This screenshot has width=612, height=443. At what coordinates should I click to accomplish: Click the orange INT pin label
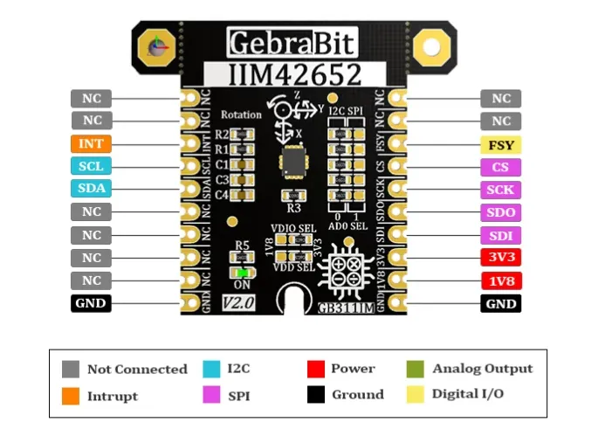tap(92, 143)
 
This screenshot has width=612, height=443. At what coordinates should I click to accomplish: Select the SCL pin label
tap(92, 166)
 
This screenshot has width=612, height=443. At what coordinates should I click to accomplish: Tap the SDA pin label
tap(92, 189)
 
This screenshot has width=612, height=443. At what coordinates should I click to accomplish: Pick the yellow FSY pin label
tap(500, 144)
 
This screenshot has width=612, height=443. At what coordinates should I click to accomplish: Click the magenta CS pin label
tap(500, 167)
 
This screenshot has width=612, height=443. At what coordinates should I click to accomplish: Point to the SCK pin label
tap(500, 190)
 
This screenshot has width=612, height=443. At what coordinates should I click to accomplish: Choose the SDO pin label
tap(500, 212)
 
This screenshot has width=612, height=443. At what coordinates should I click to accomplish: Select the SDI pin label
tap(500, 235)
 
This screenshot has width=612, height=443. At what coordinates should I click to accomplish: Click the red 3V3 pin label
tap(500, 258)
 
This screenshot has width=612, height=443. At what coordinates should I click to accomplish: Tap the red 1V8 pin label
tap(500, 280)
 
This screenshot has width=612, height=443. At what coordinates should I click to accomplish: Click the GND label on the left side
tap(92, 303)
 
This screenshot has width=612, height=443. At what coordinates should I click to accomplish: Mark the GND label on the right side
tap(500, 303)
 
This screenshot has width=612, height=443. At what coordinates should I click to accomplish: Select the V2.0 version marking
tap(238, 302)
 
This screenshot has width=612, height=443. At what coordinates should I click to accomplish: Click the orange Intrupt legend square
tap(71, 396)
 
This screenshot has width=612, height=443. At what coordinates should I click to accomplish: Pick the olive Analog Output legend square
tap(416, 369)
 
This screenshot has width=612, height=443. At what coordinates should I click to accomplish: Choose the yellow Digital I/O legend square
tap(416, 394)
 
